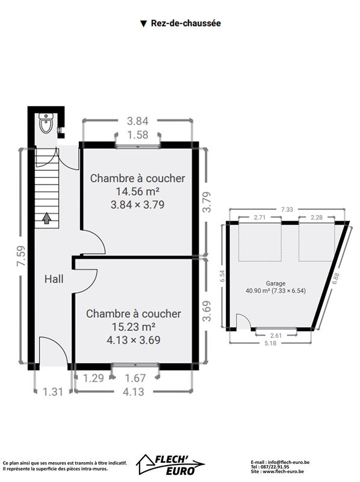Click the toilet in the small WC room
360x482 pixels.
(47, 123)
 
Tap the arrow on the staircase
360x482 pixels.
(46, 218)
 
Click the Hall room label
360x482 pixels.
(54, 279)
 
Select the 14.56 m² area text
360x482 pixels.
(137, 191)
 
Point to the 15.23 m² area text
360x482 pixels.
(133, 327)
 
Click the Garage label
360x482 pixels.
(276, 283)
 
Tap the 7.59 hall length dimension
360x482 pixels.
(22, 255)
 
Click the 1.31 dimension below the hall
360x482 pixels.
(53, 392)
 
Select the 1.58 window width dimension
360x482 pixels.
(138, 134)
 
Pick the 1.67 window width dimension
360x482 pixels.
(135, 378)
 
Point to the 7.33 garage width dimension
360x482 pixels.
(287, 210)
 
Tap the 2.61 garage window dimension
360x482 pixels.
(276, 336)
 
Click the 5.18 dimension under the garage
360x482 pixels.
(270, 343)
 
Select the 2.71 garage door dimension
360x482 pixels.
(259, 218)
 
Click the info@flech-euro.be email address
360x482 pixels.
(288, 462)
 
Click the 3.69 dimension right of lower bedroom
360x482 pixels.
(207, 311)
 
